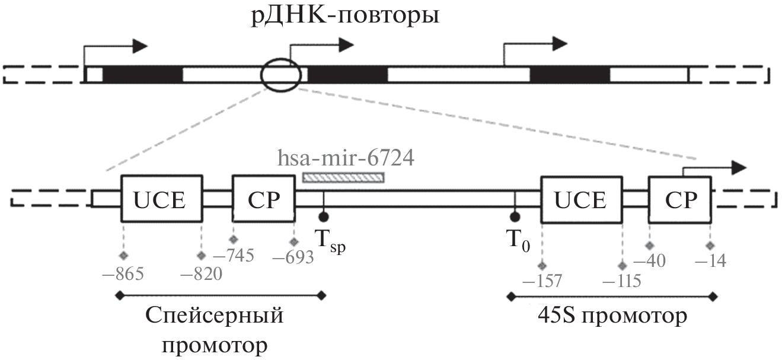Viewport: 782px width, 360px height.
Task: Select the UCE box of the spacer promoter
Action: [162, 199]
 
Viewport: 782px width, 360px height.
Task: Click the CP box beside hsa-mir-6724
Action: [263, 199]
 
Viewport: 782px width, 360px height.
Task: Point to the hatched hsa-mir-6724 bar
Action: [343, 176]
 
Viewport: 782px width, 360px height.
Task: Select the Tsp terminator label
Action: [329, 243]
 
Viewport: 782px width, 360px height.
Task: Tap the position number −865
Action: [123, 275]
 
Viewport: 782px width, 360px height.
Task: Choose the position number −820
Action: [201, 275]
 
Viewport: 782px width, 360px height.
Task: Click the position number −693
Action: [293, 259]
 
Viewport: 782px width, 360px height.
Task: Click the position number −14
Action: [710, 261]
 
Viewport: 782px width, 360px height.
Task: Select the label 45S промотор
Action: [610, 316]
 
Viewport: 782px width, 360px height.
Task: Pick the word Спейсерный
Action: [214, 316]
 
